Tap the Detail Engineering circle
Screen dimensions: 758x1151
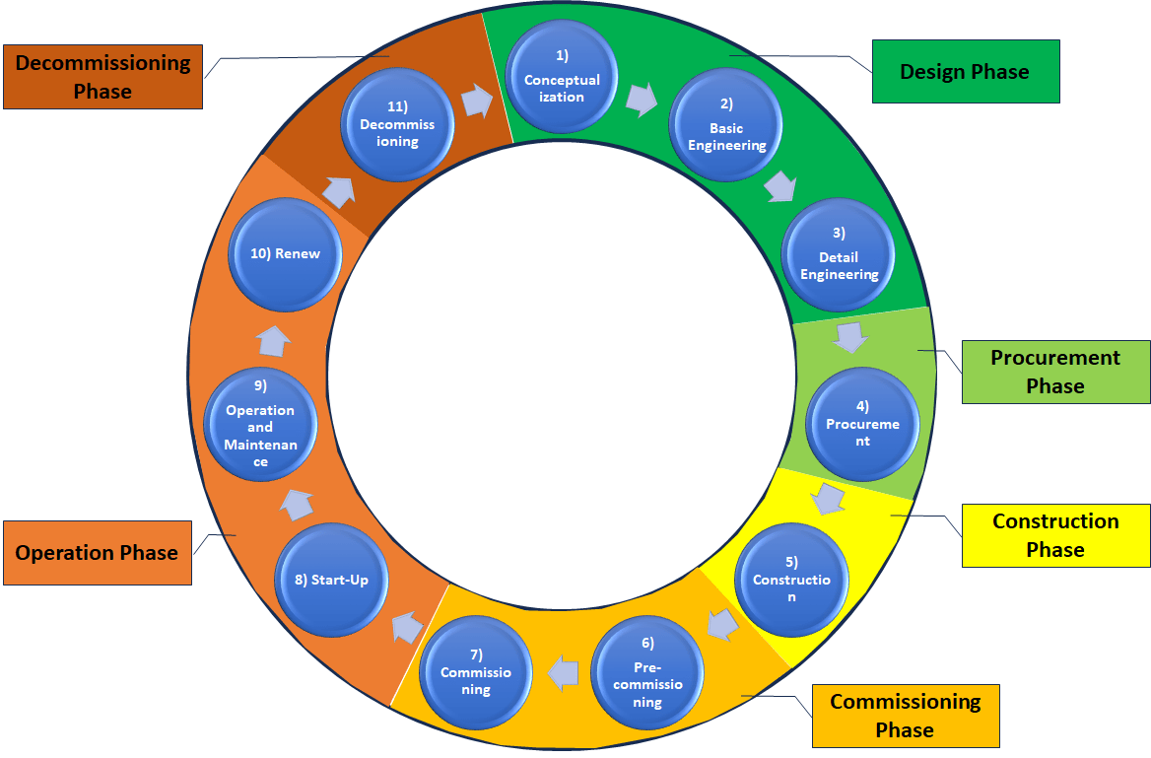point(839,255)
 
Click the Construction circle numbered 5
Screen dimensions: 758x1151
point(791,580)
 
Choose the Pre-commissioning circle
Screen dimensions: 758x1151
point(647,673)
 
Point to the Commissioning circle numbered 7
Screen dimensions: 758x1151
point(476,672)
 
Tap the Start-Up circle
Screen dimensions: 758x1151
point(332,580)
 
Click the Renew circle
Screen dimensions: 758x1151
point(285,253)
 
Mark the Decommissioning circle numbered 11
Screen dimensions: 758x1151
point(397,123)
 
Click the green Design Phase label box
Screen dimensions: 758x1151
point(965,71)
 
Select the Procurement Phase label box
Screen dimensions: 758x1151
point(1055,372)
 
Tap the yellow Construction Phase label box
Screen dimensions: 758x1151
point(1055,535)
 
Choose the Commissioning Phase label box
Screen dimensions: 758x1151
point(905,716)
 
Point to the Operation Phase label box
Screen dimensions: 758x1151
point(97,552)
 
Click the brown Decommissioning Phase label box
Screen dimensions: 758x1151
point(102,77)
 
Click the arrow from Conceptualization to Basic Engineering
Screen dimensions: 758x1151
point(642,99)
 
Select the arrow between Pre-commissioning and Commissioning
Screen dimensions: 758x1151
point(563,672)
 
